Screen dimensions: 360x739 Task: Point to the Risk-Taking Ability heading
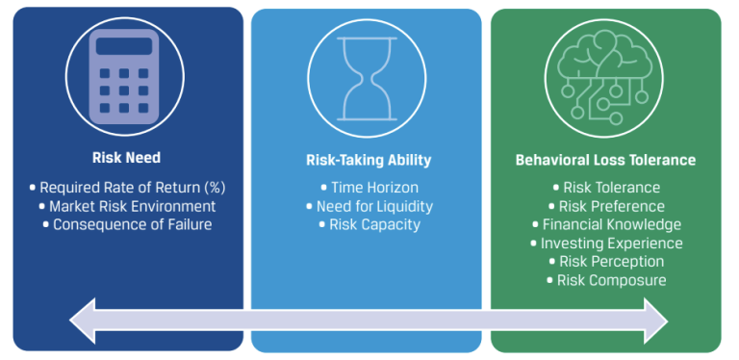[368, 161]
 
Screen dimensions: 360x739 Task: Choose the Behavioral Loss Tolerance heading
[605, 161]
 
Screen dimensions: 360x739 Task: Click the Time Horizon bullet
[369, 188]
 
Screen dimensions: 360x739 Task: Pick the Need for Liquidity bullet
[369, 206]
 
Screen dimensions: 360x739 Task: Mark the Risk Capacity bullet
[369, 224]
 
